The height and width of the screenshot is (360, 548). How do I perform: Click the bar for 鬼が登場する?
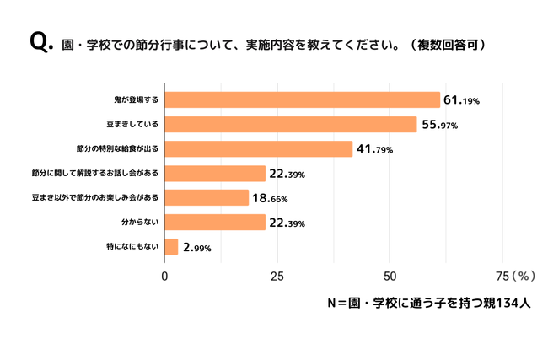pos(302,99)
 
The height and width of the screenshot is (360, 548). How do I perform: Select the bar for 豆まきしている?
pos(290,124)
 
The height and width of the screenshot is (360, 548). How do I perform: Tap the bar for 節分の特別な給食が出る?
pos(258,149)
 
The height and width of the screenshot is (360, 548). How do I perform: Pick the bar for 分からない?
pos(215,223)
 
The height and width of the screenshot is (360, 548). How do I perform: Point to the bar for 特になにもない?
pos(171,247)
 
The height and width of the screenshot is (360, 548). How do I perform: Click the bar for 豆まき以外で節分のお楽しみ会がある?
pos(207,198)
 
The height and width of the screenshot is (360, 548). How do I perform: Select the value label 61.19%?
pos(461,100)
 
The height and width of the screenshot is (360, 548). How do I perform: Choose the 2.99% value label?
pos(196,248)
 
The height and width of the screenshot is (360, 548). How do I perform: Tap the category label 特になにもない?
pos(134,247)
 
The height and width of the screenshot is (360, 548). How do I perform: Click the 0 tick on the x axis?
pos(164,276)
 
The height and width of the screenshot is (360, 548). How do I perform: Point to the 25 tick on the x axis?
pos(277,276)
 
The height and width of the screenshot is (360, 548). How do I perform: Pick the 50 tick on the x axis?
pos(390,276)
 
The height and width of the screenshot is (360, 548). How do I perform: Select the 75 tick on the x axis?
pos(502,276)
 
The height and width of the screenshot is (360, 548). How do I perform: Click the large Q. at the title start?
pos(40,41)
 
